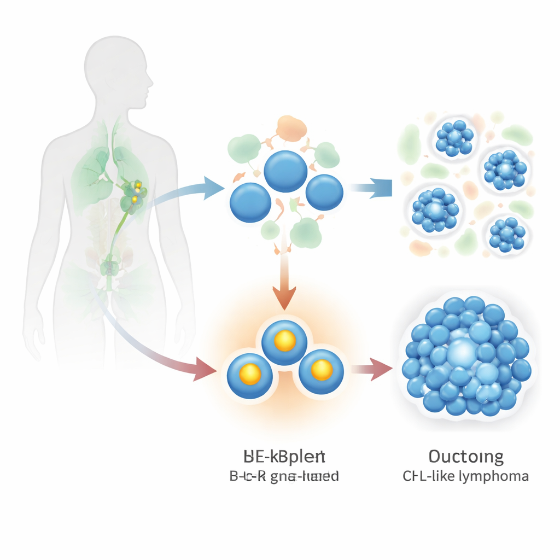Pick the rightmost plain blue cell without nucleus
point(324,192)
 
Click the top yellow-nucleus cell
point(285,341)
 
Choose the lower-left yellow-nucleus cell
point(250,374)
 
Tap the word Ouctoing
point(466,457)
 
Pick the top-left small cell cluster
point(453,138)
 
